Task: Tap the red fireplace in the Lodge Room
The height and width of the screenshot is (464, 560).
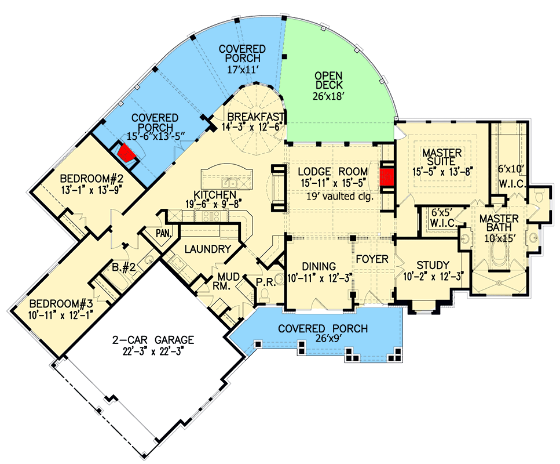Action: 387,176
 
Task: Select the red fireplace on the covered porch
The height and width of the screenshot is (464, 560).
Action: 126,153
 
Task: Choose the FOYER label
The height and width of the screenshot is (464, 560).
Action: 372,259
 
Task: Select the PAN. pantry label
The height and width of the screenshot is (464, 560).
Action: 163,233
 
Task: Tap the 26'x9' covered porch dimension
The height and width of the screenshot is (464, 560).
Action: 323,341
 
